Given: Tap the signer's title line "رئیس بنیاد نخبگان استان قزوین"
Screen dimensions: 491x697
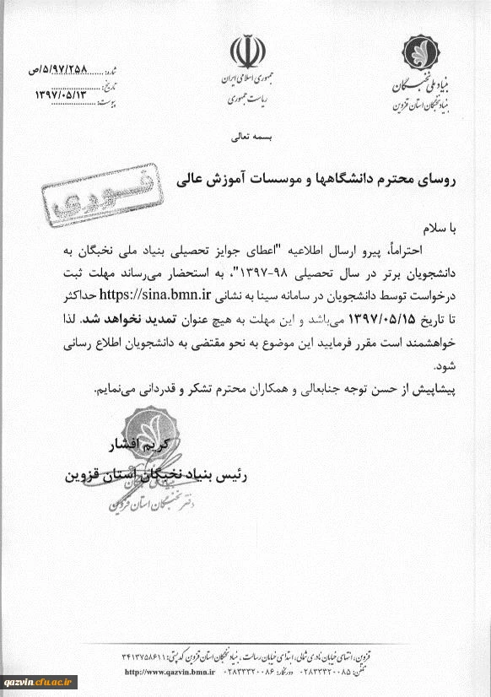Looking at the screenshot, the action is (x=151, y=473).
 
